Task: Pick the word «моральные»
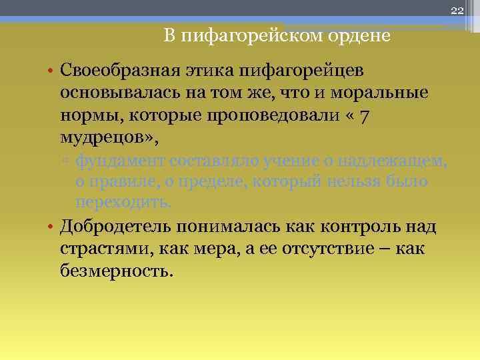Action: (x=381, y=93)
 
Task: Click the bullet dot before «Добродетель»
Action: (x=51, y=227)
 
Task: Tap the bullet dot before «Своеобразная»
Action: (x=51, y=71)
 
